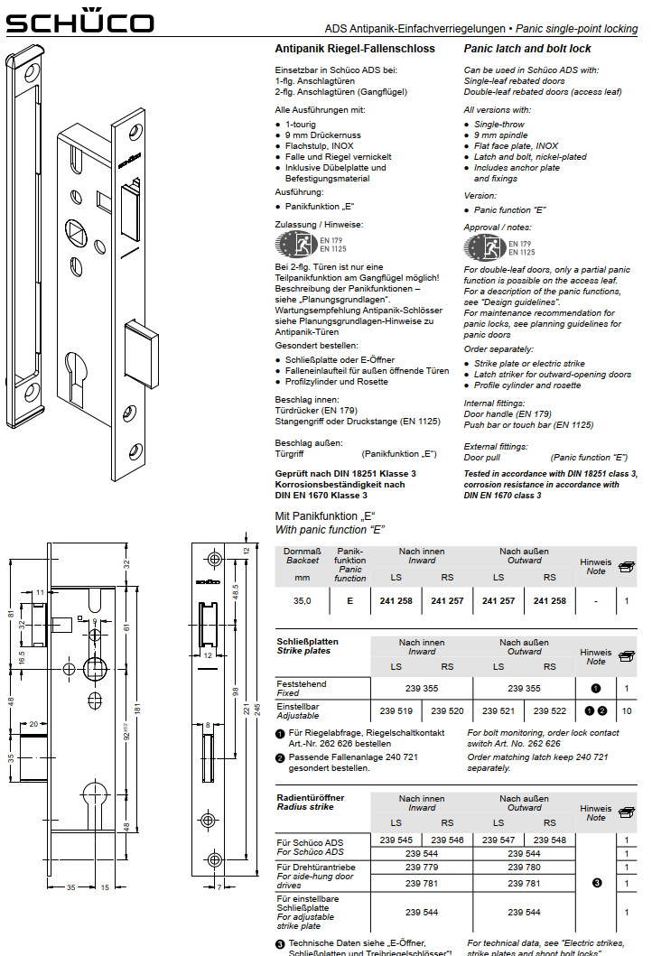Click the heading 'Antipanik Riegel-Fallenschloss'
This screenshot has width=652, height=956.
pyautogui.click(x=355, y=49)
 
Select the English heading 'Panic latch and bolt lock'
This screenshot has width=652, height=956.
pyautogui.click(x=527, y=49)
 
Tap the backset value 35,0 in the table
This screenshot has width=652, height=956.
pyautogui.click(x=302, y=600)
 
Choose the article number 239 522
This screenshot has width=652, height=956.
pyautogui.click(x=549, y=710)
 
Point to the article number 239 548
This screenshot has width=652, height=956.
pyautogui.click(x=549, y=840)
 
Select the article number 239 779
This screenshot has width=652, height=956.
pyautogui.click(x=422, y=868)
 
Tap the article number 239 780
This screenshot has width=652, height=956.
pyautogui.click(x=524, y=868)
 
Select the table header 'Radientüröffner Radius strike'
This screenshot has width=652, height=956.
pyautogui.click(x=311, y=803)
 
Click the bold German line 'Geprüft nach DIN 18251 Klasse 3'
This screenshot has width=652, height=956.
pyautogui.click(x=345, y=473)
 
